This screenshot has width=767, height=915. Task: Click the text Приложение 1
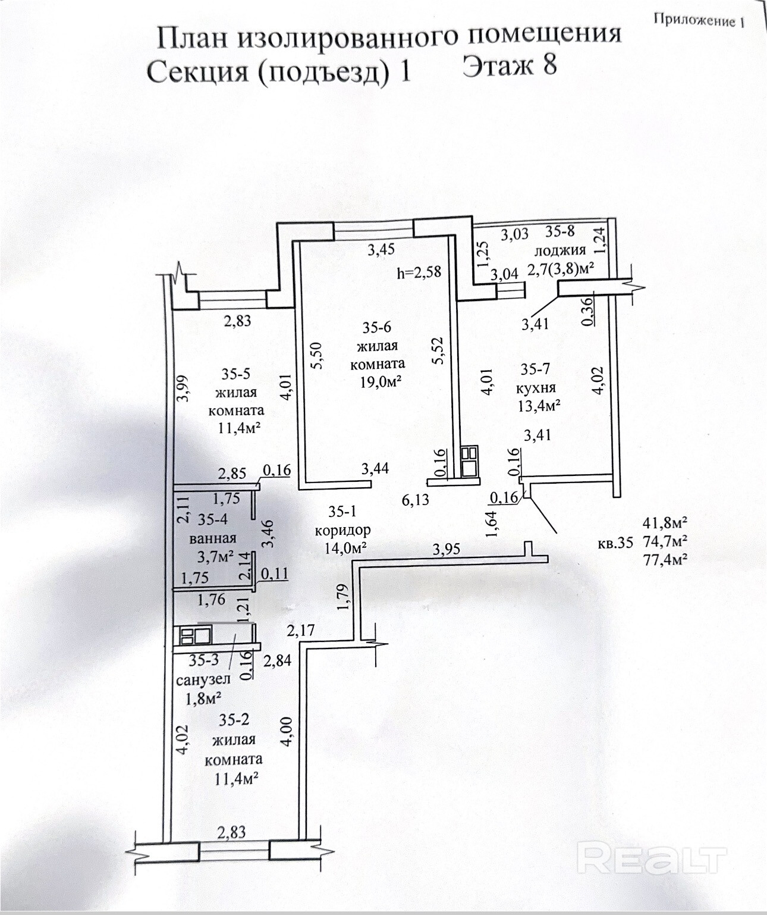click(x=699, y=20)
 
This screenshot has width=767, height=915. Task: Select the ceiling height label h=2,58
click(x=419, y=272)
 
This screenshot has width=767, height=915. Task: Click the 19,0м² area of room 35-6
click(x=381, y=382)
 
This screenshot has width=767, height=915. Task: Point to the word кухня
click(x=536, y=388)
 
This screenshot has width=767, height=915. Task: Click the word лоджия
click(x=559, y=250)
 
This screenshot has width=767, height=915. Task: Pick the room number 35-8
click(x=559, y=231)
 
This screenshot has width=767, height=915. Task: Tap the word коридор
click(x=343, y=530)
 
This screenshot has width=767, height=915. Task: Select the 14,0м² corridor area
click(x=345, y=548)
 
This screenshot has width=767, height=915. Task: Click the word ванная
click(x=213, y=538)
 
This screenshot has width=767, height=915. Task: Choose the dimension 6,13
click(x=415, y=500)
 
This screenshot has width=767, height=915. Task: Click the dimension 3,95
click(x=447, y=549)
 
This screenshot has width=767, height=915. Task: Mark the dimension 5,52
click(x=438, y=350)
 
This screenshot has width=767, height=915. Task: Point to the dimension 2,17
click(x=300, y=631)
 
